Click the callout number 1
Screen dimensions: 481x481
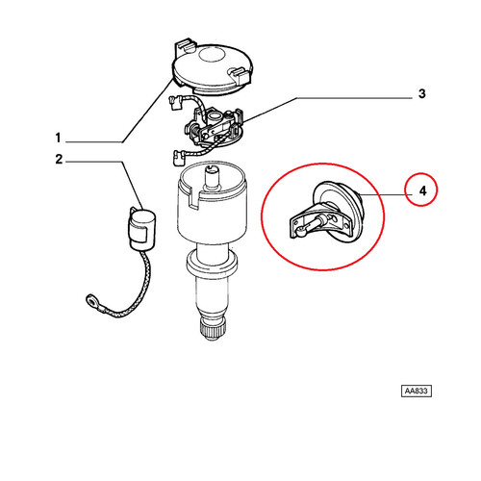58,138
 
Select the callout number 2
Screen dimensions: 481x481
59,159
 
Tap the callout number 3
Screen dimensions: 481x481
422,93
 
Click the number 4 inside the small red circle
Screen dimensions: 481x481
422,191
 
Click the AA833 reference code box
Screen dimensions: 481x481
417,391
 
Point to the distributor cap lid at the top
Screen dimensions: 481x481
213,67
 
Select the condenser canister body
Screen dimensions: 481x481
142,228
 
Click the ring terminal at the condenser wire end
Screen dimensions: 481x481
91,300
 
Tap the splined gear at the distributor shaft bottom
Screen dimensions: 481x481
212,330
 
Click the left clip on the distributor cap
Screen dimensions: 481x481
185,47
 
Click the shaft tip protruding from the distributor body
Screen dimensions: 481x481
212,177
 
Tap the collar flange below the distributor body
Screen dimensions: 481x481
212,264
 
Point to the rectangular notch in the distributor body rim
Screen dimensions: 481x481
194,199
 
